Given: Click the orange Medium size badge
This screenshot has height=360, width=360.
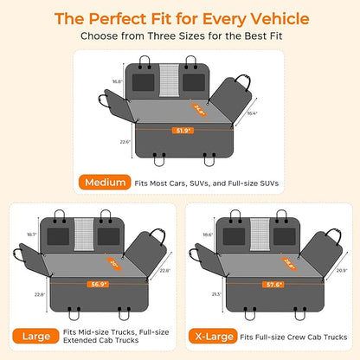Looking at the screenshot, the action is (105, 183).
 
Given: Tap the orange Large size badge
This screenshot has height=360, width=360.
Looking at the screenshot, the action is (35, 336).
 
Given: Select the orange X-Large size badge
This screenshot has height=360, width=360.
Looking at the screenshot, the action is (213, 336).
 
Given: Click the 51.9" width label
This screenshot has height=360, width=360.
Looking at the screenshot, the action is (183, 131).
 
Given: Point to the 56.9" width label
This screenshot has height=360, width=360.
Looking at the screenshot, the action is (99, 284).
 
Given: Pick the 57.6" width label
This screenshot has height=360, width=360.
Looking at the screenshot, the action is (273, 285).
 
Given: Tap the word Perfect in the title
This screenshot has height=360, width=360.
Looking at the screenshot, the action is (119, 19).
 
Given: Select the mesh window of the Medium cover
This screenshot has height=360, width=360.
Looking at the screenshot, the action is (170, 80).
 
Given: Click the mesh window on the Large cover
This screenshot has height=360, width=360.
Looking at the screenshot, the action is (84, 235).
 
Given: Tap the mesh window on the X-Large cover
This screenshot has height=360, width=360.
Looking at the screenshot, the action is (260, 235).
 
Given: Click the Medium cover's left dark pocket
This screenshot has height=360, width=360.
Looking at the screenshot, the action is (144, 82).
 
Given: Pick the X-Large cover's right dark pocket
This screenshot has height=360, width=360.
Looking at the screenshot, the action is (285, 236).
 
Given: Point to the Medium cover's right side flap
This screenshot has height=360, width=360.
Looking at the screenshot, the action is (231, 99).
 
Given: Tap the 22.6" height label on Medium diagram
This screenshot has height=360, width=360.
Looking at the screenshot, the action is (125, 142).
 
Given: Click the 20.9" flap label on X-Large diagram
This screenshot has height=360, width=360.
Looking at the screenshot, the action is (342, 271).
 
